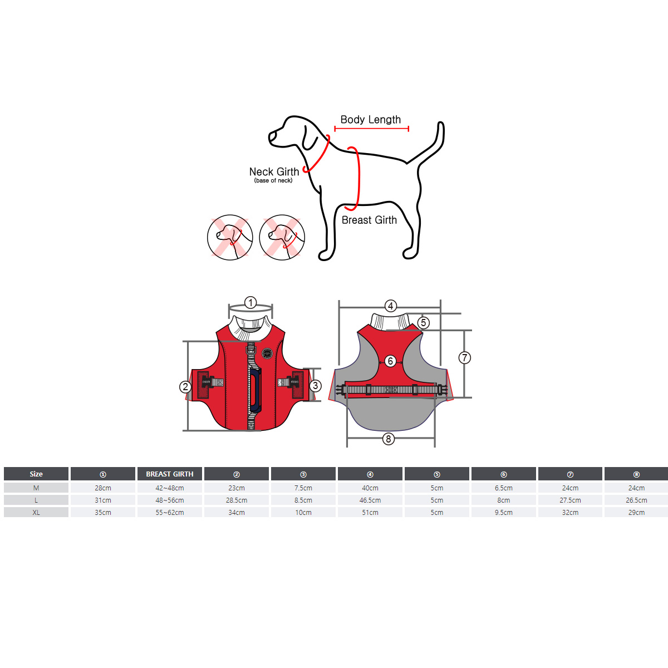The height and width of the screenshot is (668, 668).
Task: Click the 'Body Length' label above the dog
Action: [x=370, y=120]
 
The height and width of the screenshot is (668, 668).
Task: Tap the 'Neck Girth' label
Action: [x=274, y=171]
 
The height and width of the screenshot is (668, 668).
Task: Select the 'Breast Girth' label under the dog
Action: [x=369, y=220]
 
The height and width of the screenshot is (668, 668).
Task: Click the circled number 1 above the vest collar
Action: [x=250, y=303]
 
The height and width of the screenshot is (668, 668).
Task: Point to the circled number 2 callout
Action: [x=185, y=386]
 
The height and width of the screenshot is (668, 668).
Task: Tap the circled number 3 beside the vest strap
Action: [x=315, y=385]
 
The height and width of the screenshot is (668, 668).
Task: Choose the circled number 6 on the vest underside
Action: [x=391, y=361]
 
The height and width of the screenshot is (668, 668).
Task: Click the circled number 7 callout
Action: [x=464, y=358]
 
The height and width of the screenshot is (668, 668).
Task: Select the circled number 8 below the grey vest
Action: [x=388, y=439]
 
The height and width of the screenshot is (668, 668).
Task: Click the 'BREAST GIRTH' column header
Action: [x=170, y=474]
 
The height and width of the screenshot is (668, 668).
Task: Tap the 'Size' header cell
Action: [x=36, y=474]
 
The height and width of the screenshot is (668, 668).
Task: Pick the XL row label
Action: [x=36, y=512]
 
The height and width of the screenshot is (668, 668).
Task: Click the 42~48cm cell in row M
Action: [x=170, y=488]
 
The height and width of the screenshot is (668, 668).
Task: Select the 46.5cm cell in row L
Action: [x=370, y=500]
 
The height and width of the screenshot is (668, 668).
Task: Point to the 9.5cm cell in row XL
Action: [x=503, y=512]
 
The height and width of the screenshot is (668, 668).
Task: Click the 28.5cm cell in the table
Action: [x=237, y=500]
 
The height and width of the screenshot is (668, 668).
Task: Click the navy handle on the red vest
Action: [x=255, y=390]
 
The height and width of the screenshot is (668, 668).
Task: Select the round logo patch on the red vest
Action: [x=267, y=353]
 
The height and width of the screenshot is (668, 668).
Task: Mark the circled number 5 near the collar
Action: [x=423, y=323]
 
